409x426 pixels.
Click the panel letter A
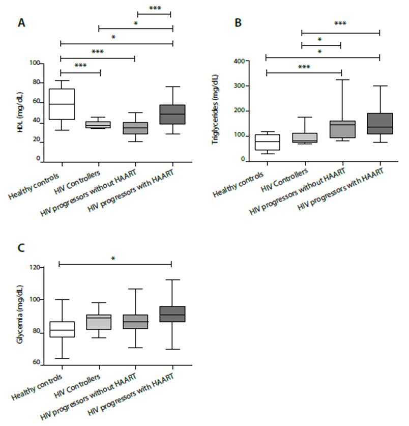tap(22, 22)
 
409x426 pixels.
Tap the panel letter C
tap(21, 248)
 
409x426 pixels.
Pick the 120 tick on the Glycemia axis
tap(37, 267)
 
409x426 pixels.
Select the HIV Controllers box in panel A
tap(98, 125)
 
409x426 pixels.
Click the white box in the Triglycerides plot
tap(265, 142)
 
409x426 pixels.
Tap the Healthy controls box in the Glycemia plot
tap(61, 329)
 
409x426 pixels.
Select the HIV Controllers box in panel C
tap(98, 322)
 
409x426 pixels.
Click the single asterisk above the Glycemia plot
tap(113, 259)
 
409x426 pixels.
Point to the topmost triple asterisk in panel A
tap(154, 8)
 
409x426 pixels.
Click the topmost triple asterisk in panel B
tap(340, 23)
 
